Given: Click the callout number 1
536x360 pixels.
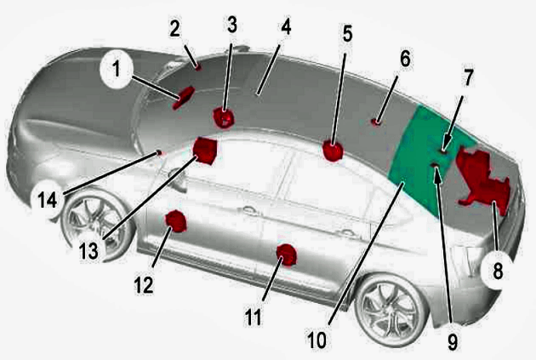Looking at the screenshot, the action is click(117, 69).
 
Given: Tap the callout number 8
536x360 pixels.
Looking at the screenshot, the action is click(498, 271).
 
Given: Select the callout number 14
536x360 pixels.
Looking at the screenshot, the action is click(47, 199).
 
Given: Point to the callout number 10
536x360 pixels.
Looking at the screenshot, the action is click(316, 340).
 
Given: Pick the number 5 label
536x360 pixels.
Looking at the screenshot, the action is click(347, 33).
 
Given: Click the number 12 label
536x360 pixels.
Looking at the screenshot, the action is click(144, 284).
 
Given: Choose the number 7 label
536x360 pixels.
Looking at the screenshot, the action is click(468, 77).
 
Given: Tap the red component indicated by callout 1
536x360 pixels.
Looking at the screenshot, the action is click(183, 97).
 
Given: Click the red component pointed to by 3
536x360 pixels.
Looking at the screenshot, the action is click(223, 117).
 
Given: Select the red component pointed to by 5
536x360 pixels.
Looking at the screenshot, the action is click(333, 151).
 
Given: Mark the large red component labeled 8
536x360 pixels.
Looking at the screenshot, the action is click(484, 180).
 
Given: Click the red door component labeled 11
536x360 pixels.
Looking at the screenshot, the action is click(287, 255).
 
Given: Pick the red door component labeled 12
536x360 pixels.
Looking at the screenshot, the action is click(176, 221).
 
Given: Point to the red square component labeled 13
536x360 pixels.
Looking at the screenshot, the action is click(205, 151).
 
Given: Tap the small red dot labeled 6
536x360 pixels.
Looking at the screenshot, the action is click(376, 122).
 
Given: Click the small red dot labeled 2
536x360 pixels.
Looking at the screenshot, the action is click(198, 67).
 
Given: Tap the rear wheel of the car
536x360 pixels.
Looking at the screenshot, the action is click(391, 310).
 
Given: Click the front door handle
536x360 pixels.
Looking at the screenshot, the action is click(250, 210).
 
